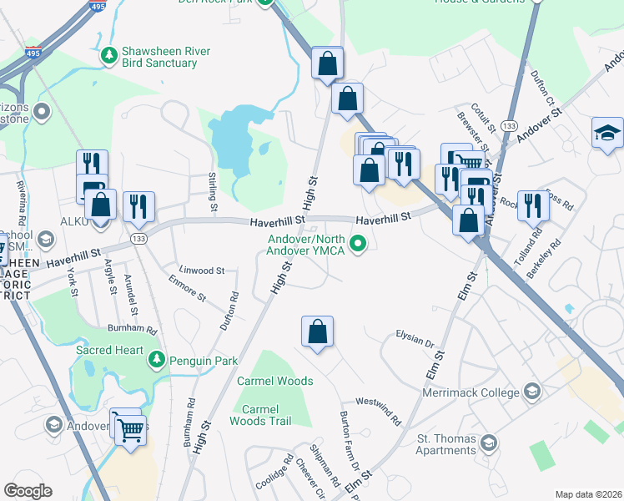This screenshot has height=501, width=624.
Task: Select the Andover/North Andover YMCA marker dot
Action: (359, 245)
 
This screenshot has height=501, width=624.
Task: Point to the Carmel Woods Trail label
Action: (266, 415)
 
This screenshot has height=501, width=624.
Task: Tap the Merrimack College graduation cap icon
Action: (531, 392)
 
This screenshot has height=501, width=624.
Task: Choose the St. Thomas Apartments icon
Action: (490, 443)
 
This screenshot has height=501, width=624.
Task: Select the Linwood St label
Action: (203, 271)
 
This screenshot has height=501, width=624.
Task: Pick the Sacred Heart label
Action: (110, 350)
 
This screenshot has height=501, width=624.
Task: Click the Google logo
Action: (28, 491)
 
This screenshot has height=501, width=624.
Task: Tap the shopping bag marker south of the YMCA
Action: (318, 331)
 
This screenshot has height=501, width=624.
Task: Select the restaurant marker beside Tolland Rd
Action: (533, 205)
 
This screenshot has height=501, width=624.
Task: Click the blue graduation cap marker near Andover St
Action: (607, 133)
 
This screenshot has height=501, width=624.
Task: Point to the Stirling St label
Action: (214, 191)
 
